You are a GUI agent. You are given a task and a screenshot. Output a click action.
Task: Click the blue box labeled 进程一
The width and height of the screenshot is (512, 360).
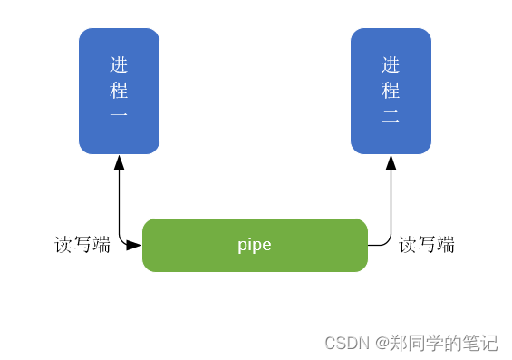coord(119,91)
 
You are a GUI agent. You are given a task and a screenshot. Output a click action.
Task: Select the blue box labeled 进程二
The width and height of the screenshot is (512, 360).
coord(391,91)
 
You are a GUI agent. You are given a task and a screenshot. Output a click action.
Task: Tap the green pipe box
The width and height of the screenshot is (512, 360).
coord(255,245)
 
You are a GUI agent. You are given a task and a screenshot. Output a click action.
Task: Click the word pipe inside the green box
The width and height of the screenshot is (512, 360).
coord(255,245)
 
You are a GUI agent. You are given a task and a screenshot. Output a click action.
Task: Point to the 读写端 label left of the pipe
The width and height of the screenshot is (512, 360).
coord(82,245)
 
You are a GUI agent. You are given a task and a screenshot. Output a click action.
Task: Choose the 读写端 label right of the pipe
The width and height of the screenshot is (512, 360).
coord(427,245)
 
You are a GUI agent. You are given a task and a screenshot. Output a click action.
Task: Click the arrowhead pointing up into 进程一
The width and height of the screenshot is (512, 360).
coord(119,162)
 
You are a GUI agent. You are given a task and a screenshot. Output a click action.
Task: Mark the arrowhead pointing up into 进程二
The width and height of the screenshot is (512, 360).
coord(391,162)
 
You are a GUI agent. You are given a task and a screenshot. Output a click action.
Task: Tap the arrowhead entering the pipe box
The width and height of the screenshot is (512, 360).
coord(134,245)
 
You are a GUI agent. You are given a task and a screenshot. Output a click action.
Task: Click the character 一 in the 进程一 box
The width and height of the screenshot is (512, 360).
coord(119,116)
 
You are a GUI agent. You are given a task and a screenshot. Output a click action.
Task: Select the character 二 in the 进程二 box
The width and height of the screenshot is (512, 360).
coord(391,116)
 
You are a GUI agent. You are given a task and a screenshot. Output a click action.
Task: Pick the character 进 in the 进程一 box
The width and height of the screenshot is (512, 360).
coord(119,65)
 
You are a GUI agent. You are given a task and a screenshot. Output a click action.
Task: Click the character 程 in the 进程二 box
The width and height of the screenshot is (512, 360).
coord(391,91)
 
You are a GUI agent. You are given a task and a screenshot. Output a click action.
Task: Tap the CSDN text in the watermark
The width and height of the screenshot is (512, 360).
coord(347,343)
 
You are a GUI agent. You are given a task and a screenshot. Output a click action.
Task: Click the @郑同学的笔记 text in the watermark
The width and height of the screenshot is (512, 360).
coord(437,343)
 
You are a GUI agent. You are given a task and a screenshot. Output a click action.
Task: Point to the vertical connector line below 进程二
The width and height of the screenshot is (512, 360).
coord(391,204)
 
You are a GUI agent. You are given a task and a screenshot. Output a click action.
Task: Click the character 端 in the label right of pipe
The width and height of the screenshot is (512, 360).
coord(445,245)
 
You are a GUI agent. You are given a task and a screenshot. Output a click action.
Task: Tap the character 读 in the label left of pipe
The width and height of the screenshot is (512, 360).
coord(64,245)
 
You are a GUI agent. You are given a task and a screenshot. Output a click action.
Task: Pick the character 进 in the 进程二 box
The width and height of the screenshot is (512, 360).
coord(391,65)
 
